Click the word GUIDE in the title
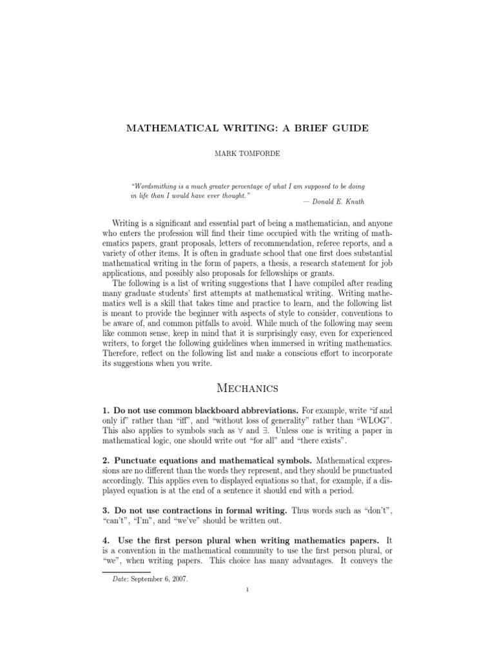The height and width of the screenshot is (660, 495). point(349,128)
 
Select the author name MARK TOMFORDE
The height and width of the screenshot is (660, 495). point(247,155)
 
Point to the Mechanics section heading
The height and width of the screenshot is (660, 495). point(247,388)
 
